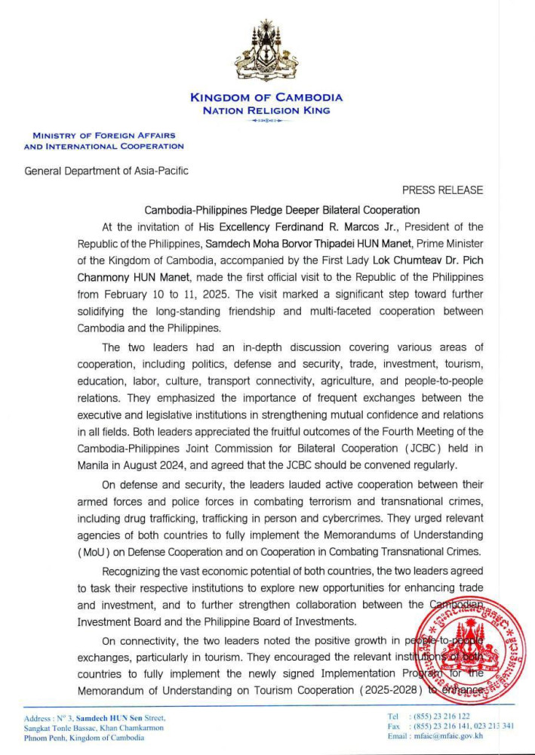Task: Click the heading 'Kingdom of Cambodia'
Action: tap(266, 97)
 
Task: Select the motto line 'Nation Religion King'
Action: tap(266, 110)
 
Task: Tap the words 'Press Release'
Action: tap(442, 190)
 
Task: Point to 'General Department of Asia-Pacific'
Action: tap(106, 171)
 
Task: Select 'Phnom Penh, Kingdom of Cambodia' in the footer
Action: tap(85, 738)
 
